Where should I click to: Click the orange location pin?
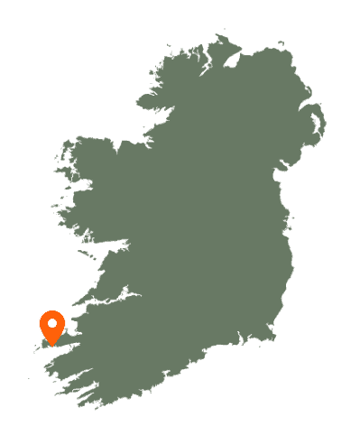(x=52, y=326)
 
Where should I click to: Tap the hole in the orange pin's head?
(x=52, y=322)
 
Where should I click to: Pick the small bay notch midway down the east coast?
(x=287, y=217)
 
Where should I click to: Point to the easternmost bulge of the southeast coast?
(x=292, y=271)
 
